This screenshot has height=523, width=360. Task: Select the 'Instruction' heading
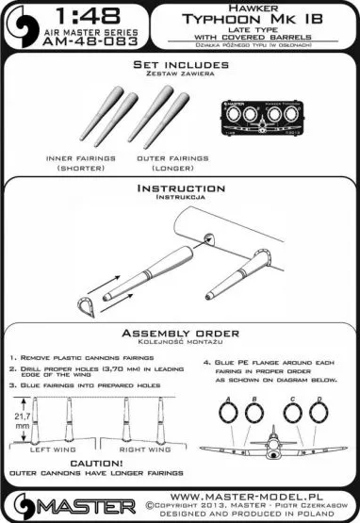pos(179,189)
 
